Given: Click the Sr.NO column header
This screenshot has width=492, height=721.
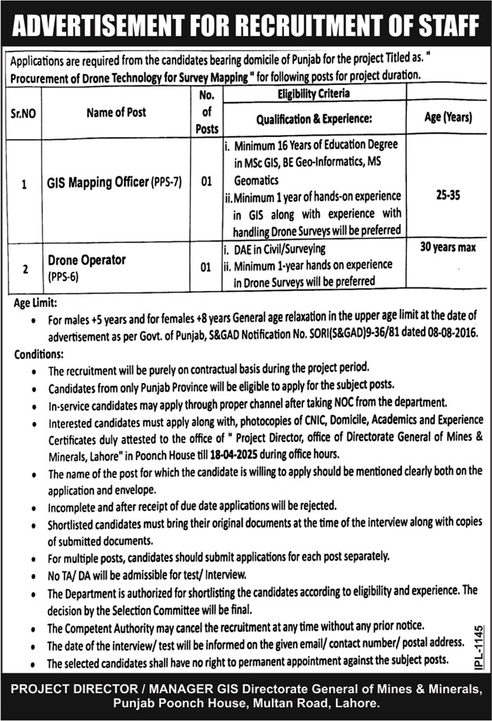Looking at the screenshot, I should [x=25, y=112].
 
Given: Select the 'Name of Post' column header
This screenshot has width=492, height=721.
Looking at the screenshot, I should [x=117, y=112].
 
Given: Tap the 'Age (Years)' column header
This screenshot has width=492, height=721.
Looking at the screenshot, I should [x=448, y=118].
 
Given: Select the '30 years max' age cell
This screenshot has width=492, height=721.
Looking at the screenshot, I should [x=448, y=247].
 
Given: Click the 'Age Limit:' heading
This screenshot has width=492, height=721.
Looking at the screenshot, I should [x=37, y=303].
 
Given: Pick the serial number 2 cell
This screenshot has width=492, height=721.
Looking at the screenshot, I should [x=25, y=268].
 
